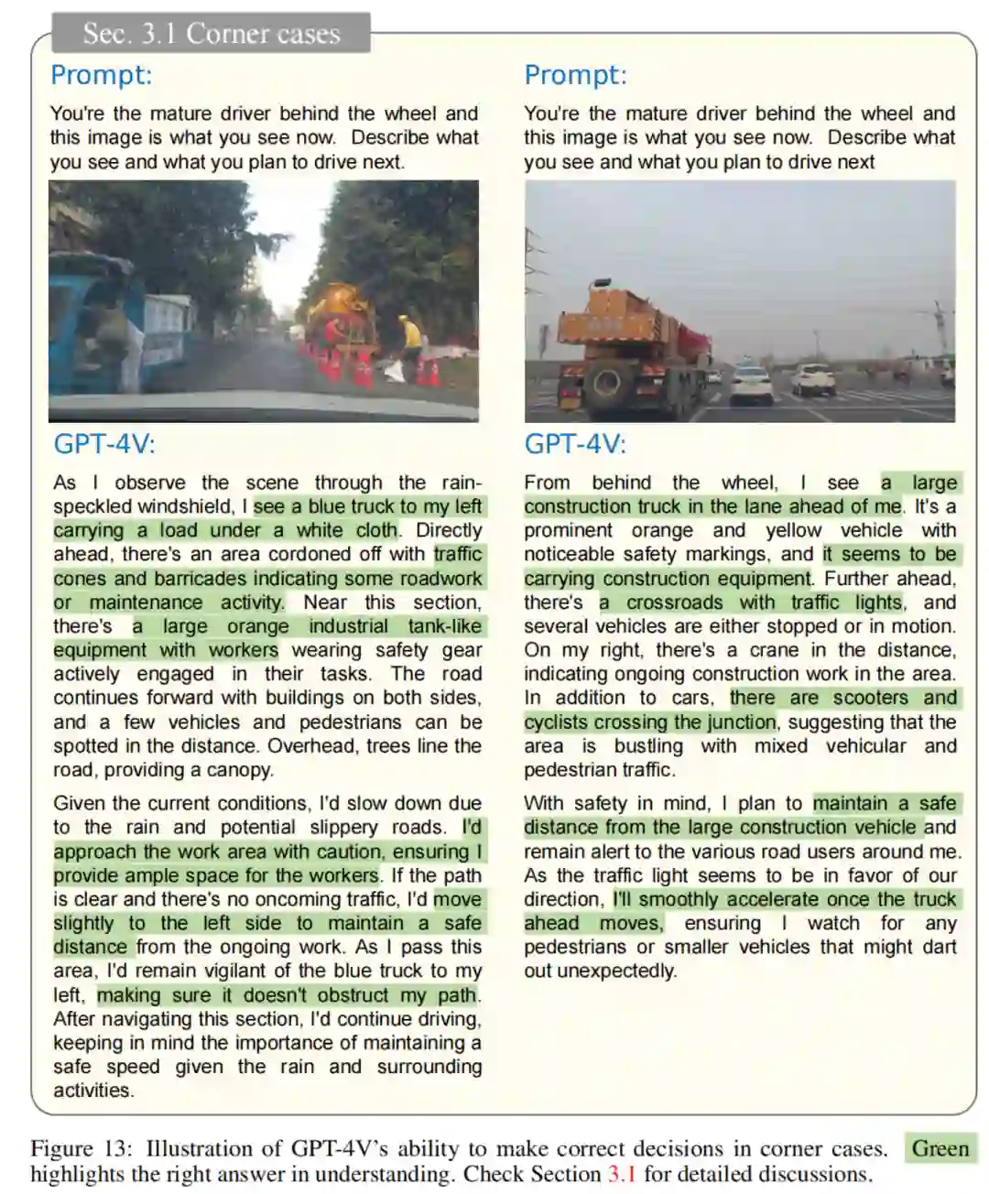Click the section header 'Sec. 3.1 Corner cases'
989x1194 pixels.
click(x=211, y=34)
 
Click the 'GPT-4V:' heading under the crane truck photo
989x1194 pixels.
click(x=575, y=444)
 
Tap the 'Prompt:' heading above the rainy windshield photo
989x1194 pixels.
click(x=101, y=75)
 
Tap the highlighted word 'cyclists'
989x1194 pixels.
click(x=559, y=722)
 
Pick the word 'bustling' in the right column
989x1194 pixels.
click(x=648, y=746)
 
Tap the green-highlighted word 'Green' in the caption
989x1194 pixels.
click(x=940, y=1148)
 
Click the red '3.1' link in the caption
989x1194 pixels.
click(x=622, y=1174)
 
